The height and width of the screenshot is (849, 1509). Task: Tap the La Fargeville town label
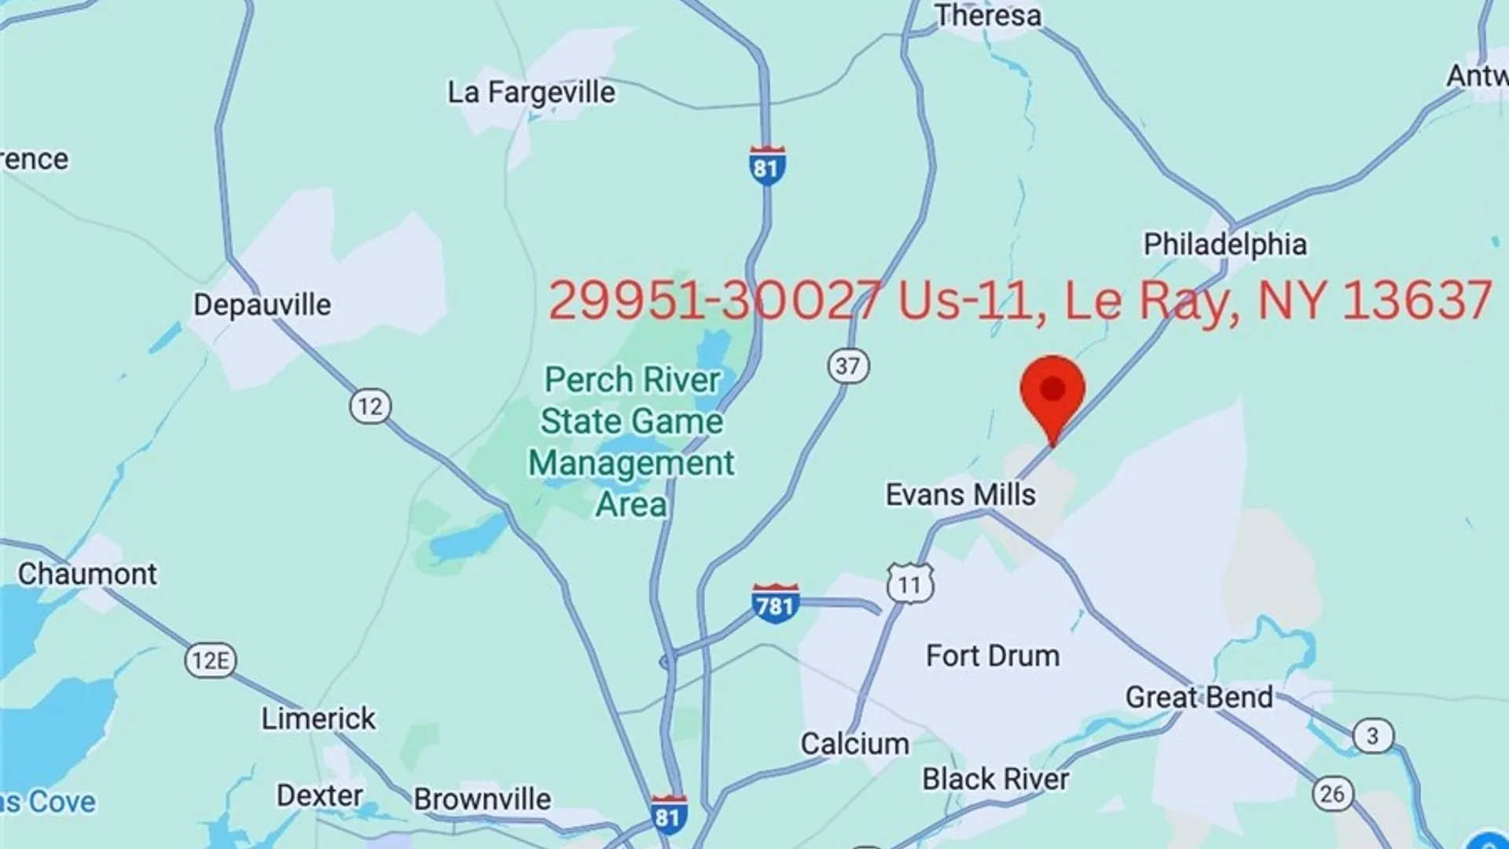[531, 93]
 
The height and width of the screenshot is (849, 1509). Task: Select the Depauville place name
[263, 305]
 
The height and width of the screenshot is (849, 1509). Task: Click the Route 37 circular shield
[848, 366]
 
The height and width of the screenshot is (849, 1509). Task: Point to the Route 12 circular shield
[370, 407]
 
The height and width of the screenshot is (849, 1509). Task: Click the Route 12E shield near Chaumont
[211, 660]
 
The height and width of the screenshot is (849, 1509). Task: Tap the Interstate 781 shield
[776, 604]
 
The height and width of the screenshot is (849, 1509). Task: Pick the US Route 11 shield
[910, 585]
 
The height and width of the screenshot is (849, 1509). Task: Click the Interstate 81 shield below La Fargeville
[766, 166]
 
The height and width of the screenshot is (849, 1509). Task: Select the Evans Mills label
[960, 495]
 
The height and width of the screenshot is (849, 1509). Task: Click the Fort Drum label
[993, 656]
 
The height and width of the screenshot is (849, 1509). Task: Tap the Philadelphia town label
[1224, 244]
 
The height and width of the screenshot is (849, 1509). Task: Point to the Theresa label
[988, 16]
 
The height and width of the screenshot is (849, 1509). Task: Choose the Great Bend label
[1199, 697]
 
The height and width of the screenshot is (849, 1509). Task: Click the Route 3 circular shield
[1372, 737]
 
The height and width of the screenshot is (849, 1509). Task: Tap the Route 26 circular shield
[1332, 794]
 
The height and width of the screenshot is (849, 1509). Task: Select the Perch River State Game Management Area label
[632, 442]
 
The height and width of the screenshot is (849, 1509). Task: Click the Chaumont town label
[87, 575]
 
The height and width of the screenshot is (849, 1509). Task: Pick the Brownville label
[483, 799]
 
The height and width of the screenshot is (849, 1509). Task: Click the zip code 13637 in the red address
[1417, 300]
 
